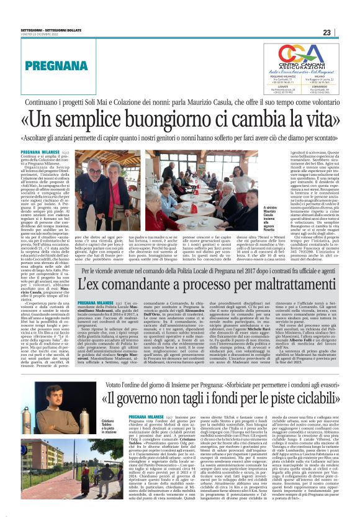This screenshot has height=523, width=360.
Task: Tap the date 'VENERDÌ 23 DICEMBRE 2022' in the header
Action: pos(40,33)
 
